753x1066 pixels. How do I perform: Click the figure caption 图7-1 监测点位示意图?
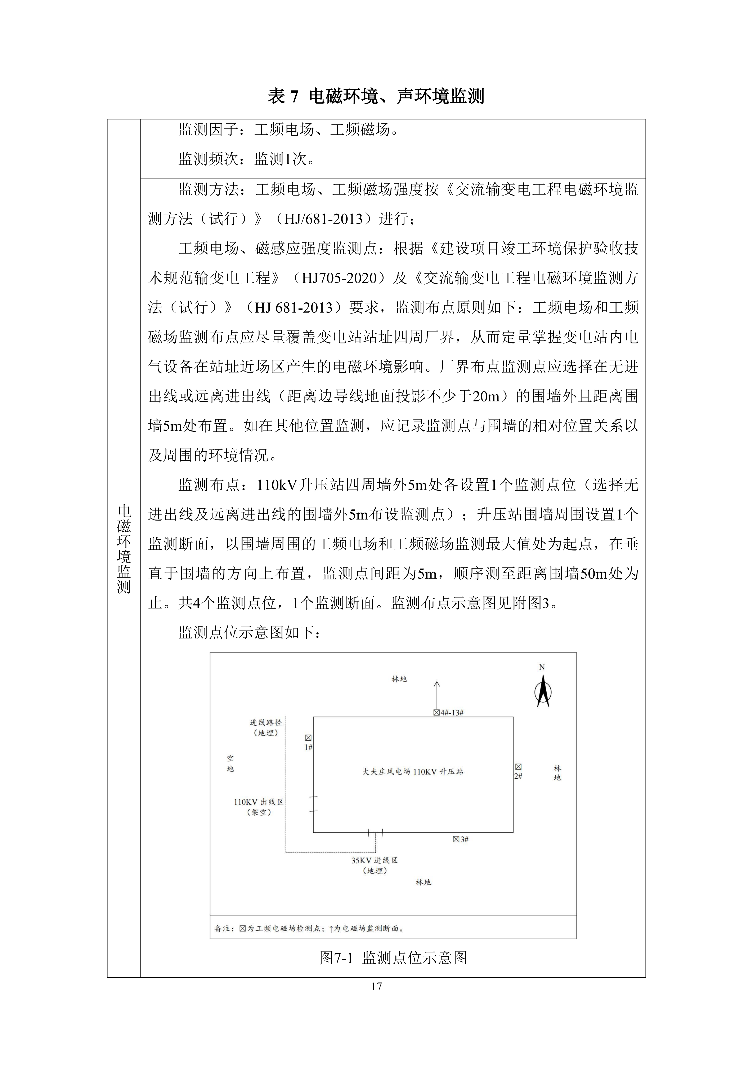click(x=393, y=957)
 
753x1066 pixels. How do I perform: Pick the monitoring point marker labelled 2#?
click(x=518, y=767)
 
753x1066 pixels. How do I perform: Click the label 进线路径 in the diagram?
click(x=266, y=722)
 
